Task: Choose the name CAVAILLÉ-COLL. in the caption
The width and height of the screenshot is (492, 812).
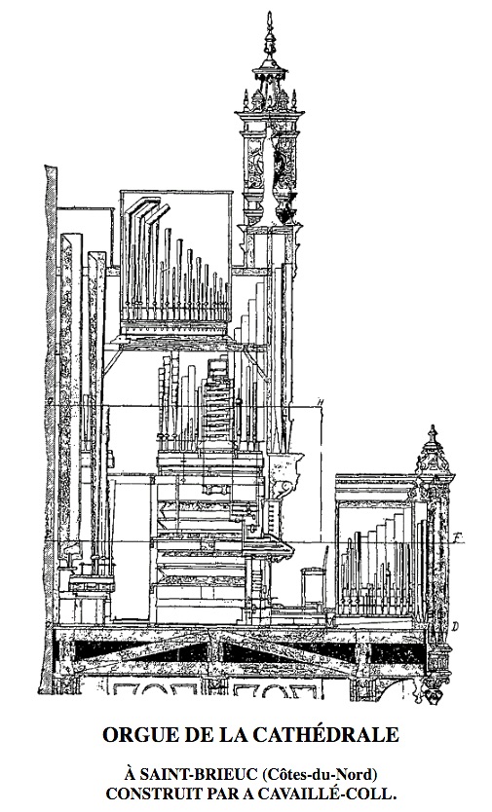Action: click(331, 794)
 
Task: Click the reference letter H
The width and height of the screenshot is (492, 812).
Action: click(321, 402)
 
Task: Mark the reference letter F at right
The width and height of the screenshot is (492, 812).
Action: click(456, 536)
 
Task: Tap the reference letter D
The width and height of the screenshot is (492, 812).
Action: click(455, 627)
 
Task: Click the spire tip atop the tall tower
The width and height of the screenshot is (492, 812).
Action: click(269, 13)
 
